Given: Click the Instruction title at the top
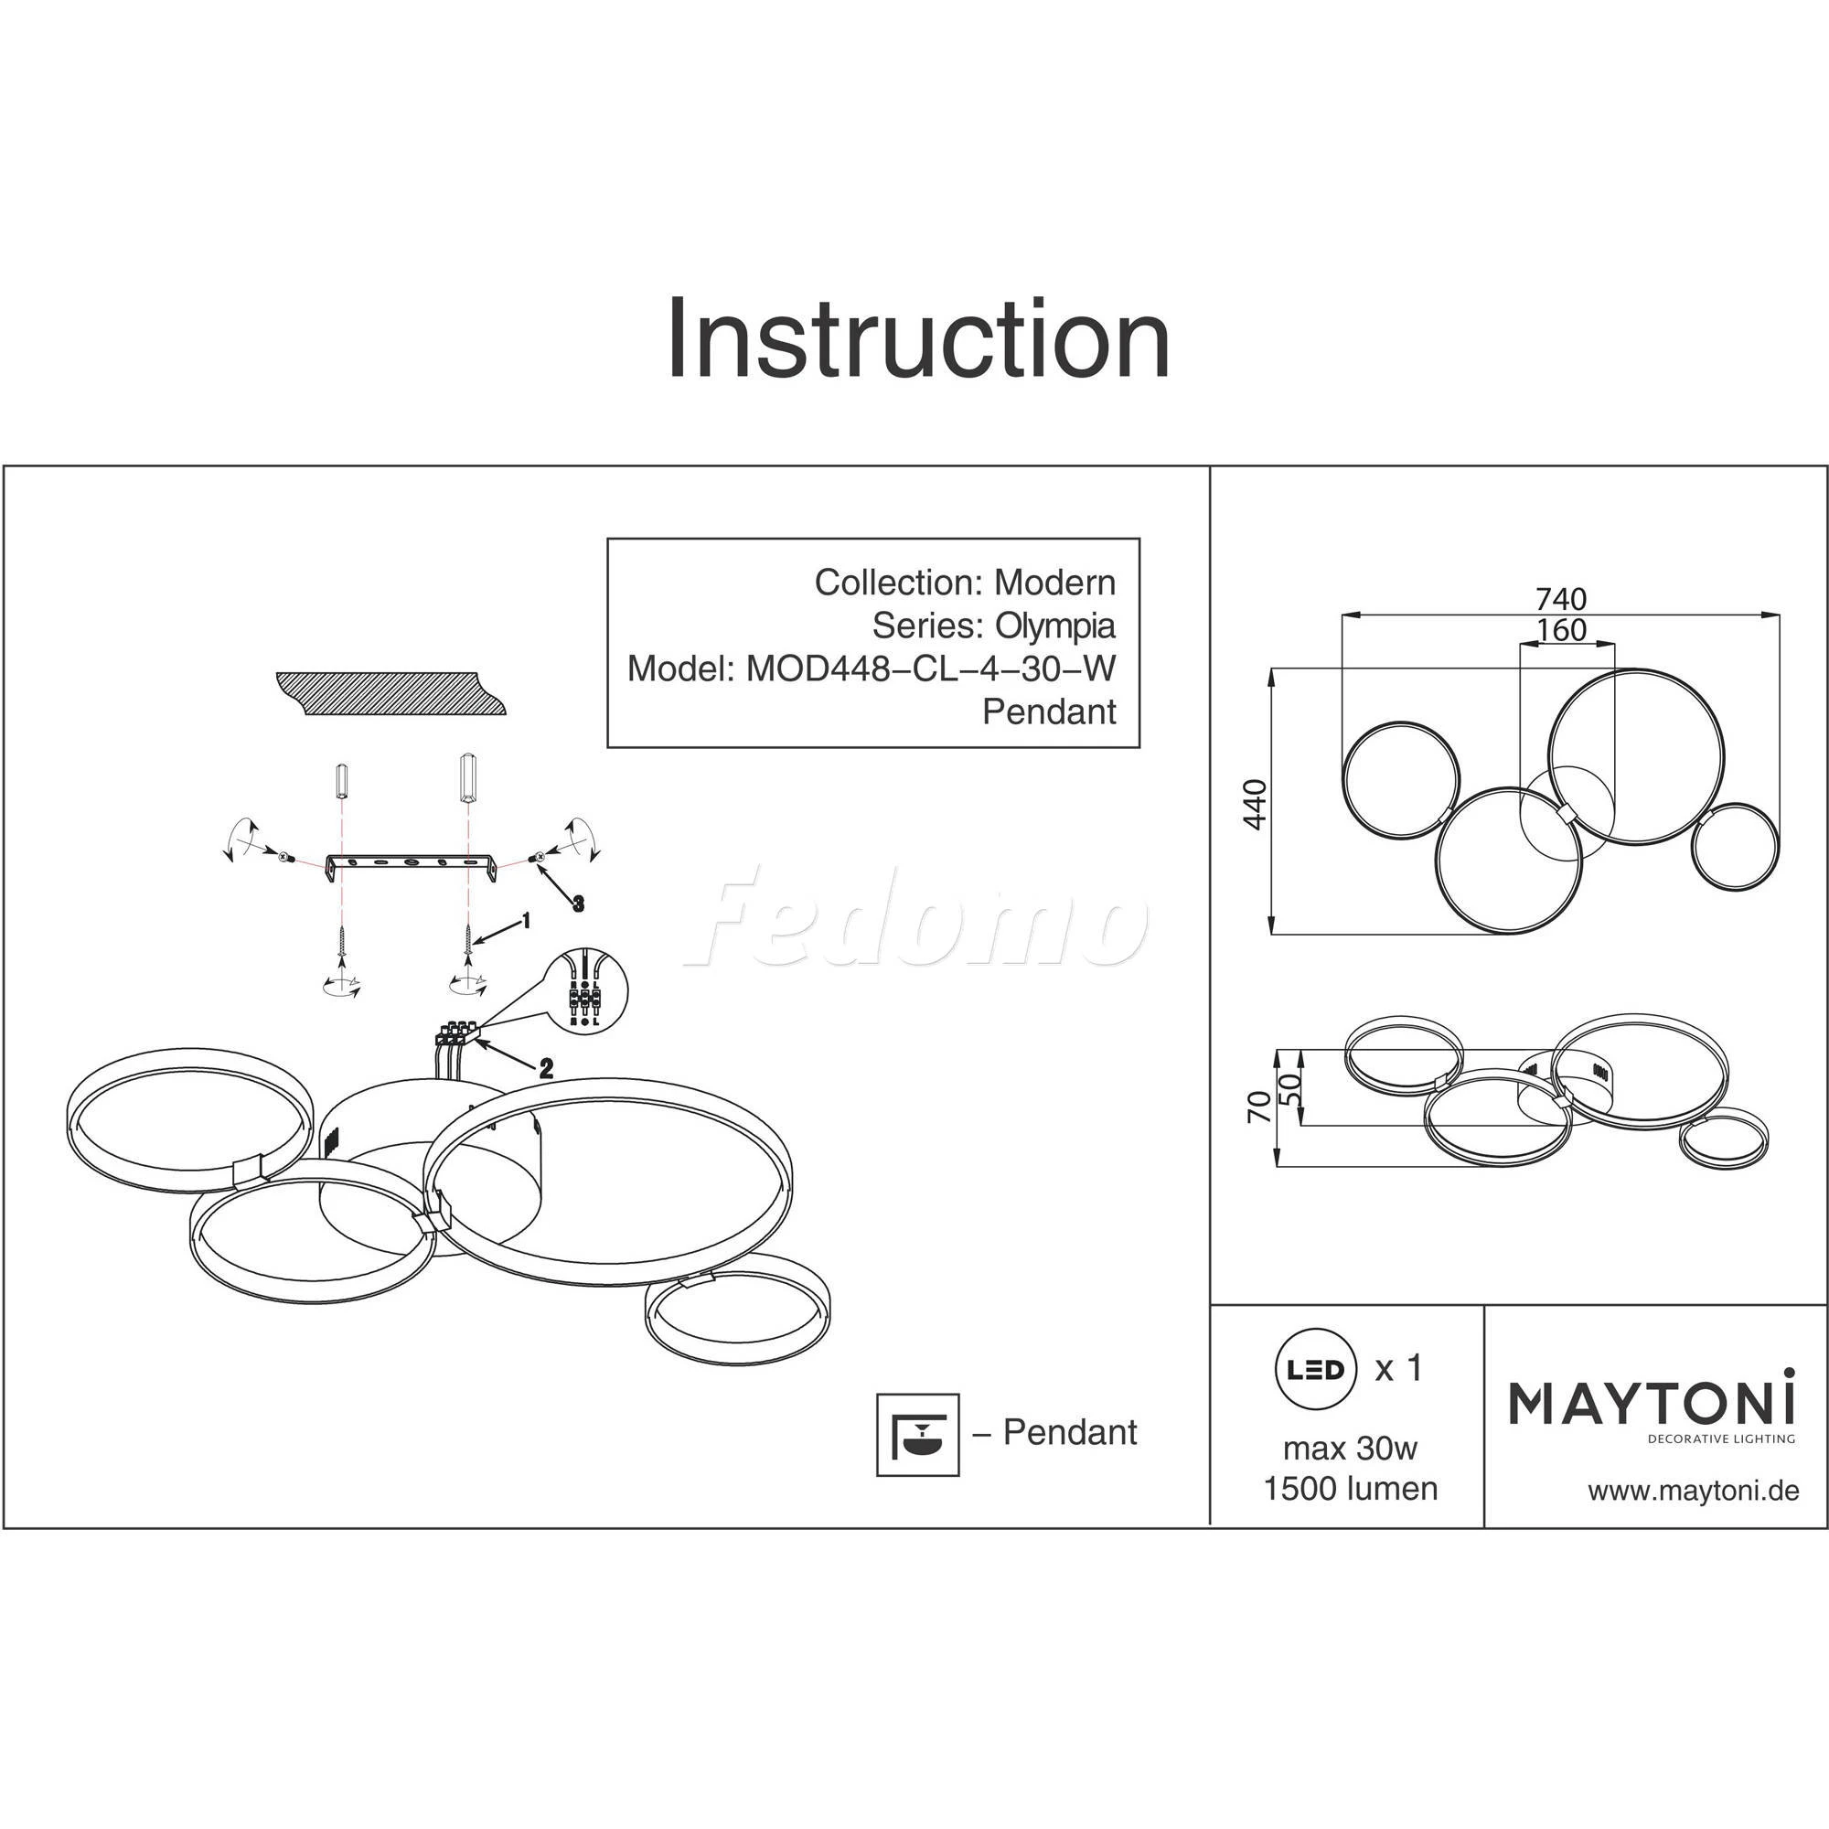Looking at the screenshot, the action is click(918, 339).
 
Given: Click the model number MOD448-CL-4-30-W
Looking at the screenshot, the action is click(931, 669).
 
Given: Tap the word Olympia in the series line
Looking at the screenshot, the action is click(1054, 626).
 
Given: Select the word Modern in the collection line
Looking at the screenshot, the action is click(1054, 583).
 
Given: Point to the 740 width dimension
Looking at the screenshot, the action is click(1560, 599).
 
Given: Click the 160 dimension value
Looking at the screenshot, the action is click(1561, 629).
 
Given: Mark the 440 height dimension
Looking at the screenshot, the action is click(1256, 804).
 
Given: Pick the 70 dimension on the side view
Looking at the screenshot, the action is click(1260, 1107).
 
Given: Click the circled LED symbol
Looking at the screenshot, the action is click(1317, 1370).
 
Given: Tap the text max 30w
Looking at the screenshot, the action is click(1350, 1449).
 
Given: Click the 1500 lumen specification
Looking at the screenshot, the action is click(1351, 1489).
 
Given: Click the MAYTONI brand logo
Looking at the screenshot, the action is click(1652, 1405).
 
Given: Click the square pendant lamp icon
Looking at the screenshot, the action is click(917, 1434).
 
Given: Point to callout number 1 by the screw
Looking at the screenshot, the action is click(527, 920).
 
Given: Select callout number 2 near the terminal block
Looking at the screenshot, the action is click(546, 1069).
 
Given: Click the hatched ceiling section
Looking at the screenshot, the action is click(392, 693).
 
